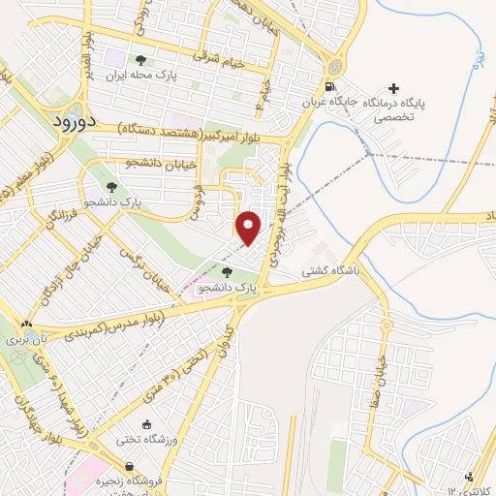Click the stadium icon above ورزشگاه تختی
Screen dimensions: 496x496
pyautogui.click(x=146, y=423)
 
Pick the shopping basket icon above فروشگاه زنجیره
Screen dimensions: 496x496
pyautogui.click(x=142, y=467)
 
